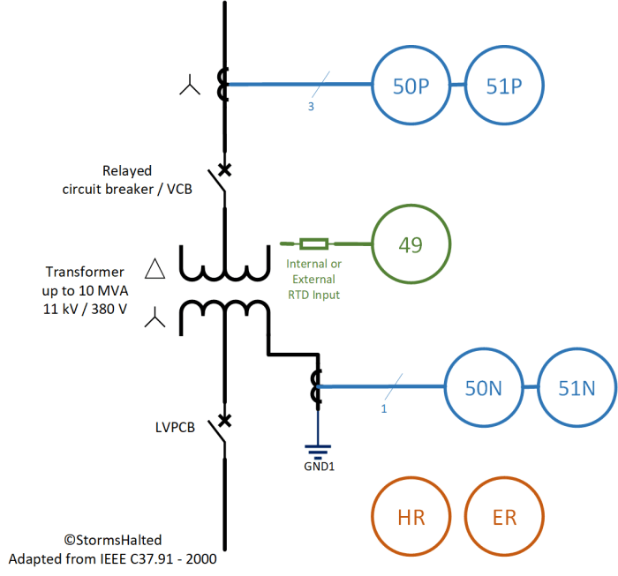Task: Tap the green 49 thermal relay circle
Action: pos(411,244)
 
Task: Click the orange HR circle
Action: pos(411,518)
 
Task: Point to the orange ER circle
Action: pos(504,518)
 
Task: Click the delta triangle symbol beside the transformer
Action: pos(155,269)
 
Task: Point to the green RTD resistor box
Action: pos(313,243)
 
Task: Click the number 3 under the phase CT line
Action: pos(311,107)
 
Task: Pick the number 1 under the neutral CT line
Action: pos(384,408)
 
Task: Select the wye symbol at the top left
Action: pos(190,86)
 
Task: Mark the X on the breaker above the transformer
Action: pos(225,168)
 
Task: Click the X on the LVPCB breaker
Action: pos(225,421)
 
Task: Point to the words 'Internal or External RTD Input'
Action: pos(313,279)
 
